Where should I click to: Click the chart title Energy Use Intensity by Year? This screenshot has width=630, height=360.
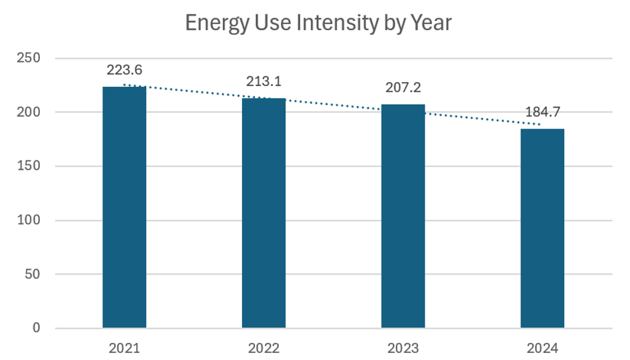click(318, 23)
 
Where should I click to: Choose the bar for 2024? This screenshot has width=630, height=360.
click(542, 228)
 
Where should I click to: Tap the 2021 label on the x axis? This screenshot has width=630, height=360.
click(125, 348)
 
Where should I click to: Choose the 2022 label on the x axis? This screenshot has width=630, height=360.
click(263, 348)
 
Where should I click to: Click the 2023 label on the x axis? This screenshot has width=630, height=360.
click(403, 348)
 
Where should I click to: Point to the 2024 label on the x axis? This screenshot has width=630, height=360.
click(542, 348)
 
